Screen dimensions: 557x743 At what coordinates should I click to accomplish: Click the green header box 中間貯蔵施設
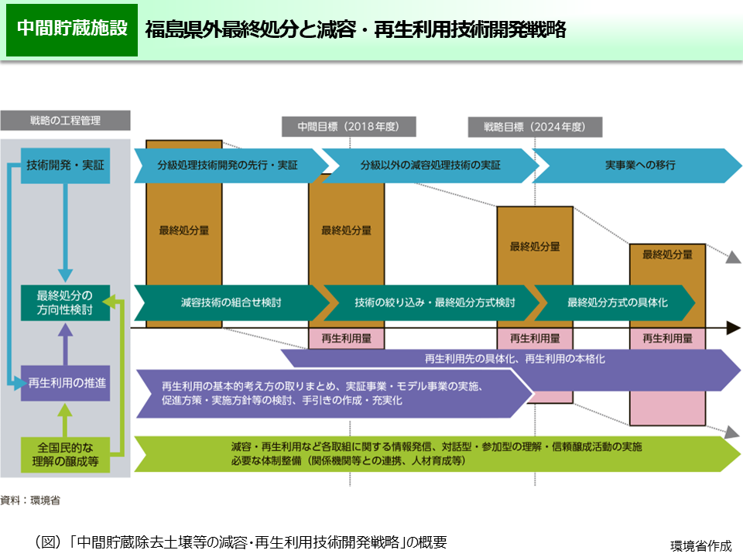pos(72,29)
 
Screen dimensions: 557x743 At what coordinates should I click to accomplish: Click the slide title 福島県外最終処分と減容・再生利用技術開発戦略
pos(355,30)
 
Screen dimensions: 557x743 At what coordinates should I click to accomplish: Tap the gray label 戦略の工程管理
pos(65,121)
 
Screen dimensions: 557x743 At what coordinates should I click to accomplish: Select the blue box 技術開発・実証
pos(65,165)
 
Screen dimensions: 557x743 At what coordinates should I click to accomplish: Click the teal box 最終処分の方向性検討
pos(65,302)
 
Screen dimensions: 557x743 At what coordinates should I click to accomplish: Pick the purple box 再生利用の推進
pos(65,382)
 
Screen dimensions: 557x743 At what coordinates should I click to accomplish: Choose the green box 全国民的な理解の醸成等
pos(65,454)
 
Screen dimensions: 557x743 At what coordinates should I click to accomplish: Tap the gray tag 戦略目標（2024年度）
pos(534,127)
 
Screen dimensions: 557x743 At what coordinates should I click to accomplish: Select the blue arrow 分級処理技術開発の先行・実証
pos(228,165)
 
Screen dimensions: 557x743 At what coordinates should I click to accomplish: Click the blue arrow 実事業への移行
pos(639,165)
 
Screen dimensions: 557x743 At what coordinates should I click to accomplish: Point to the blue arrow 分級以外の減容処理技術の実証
pos(430,165)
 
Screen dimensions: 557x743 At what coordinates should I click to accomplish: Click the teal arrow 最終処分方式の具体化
pos(617,302)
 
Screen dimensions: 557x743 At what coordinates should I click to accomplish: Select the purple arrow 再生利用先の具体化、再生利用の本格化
pos(515,360)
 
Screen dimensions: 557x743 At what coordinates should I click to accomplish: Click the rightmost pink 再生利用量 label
pos(667,338)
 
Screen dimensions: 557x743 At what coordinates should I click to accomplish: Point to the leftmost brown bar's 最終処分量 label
pos(184,230)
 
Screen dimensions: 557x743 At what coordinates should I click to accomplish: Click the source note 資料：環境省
pos(31,501)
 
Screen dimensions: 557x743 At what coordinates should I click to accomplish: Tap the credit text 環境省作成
pos(700,545)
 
